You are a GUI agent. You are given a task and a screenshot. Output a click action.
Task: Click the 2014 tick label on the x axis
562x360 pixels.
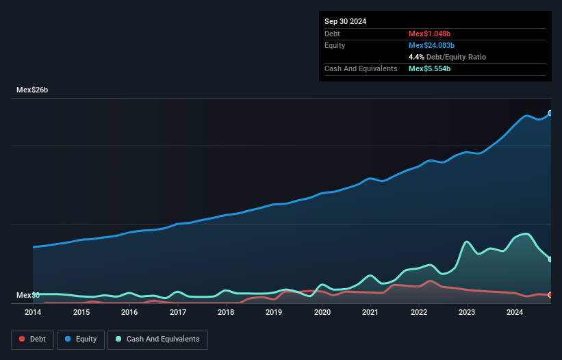pyautogui.click(x=33, y=312)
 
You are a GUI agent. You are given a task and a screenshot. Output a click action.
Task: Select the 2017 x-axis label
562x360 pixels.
pyautogui.click(x=178, y=312)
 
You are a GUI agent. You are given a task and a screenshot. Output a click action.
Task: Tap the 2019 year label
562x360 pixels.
pyautogui.click(x=274, y=312)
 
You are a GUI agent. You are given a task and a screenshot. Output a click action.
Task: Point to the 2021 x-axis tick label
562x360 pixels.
pyautogui.click(x=370, y=312)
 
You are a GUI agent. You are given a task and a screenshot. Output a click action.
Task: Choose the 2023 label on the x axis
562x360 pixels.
pyautogui.click(x=467, y=312)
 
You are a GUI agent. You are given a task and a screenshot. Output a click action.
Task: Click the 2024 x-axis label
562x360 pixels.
pyautogui.click(x=515, y=312)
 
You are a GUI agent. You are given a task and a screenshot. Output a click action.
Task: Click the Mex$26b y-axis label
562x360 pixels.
pyautogui.click(x=32, y=90)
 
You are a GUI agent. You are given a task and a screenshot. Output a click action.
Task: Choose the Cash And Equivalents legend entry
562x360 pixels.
pyautogui.click(x=157, y=339)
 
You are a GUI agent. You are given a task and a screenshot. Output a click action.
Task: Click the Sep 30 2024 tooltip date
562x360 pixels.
pyautogui.click(x=346, y=21)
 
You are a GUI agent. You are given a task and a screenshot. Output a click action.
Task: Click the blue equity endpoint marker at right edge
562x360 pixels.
pyautogui.click(x=550, y=114)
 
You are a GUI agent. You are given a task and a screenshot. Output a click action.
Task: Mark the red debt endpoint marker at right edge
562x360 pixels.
pyautogui.click(x=550, y=295)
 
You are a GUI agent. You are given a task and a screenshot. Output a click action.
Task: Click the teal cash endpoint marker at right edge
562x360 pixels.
pyautogui.click(x=550, y=259)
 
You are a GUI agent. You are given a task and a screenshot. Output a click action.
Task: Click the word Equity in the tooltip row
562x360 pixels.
pyautogui.click(x=335, y=45)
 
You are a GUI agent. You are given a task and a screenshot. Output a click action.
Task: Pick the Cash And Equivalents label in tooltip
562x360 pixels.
pyautogui.click(x=361, y=68)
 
